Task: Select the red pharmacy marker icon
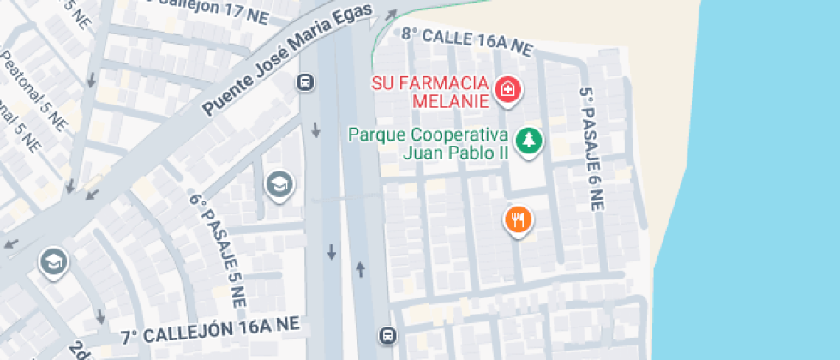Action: [508, 89]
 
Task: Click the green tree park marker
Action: [529, 141]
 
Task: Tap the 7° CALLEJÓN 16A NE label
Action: [209, 329]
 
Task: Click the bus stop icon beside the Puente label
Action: [304, 82]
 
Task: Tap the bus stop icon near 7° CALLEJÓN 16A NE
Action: [387, 334]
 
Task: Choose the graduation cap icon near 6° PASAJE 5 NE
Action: [278, 183]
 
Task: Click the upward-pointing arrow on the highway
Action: [360, 269]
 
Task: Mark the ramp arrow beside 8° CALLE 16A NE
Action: [391, 15]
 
